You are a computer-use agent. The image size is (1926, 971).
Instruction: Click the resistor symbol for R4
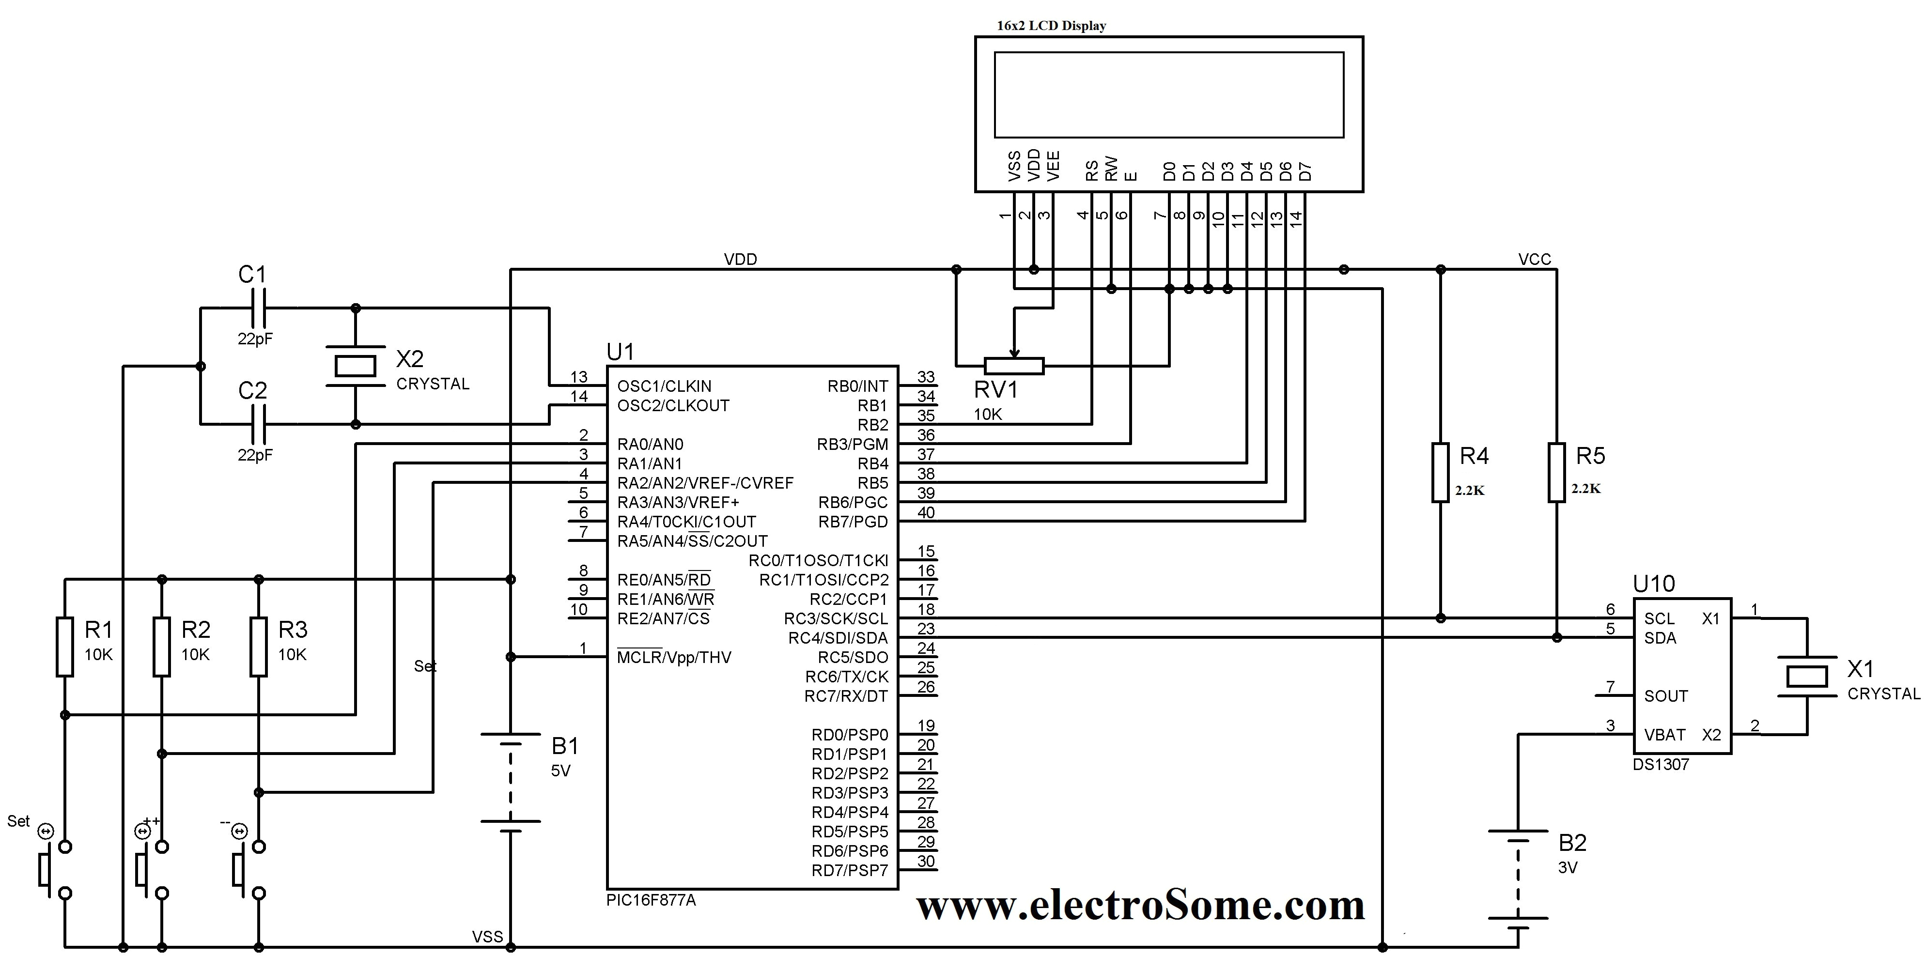pyautogui.click(x=1440, y=472)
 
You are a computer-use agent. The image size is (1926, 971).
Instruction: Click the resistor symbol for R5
pyautogui.click(x=1557, y=472)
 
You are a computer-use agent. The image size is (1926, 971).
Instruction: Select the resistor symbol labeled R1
pyautogui.click(x=65, y=647)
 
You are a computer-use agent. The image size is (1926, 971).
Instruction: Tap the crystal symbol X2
pyautogui.click(x=355, y=366)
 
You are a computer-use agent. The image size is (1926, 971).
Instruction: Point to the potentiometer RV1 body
pyautogui.click(x=1014, y=366)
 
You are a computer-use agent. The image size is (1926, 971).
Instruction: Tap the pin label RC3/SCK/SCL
pyautogui.click(x=836, y=619)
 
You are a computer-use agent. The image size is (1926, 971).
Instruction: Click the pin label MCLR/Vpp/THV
pyautogui.click(x=674, y=658)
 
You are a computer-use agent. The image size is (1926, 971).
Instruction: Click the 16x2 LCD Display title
pyautogui.click(x=1051, y=25)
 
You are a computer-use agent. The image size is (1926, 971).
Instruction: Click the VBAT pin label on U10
pyautogui.click(x=1664, y=735)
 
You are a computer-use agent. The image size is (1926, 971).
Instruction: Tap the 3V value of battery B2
pyautogui.click(x=1568, y=868)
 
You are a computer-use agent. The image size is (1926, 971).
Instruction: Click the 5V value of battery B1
pyautogui.click(x=561, y=771)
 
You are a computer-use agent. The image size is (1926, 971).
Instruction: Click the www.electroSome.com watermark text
pyautogui.click(x=1141, y=906)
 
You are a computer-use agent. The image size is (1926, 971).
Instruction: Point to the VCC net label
pyautogui.click(x=1534, y=260)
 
